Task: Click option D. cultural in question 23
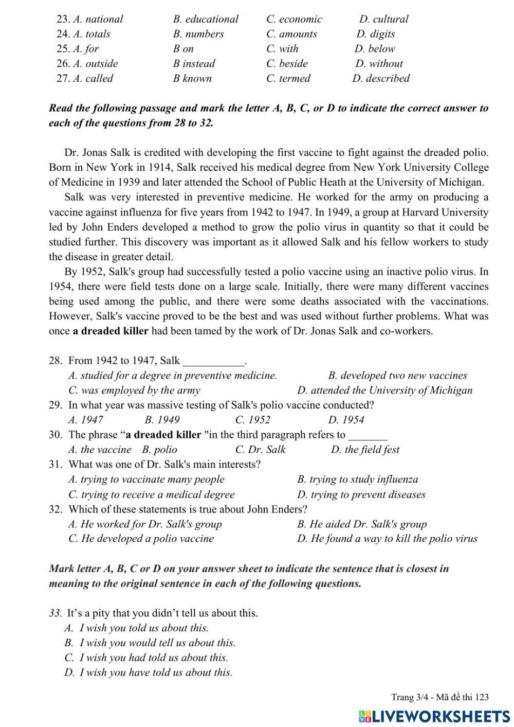383,19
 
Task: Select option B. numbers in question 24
198,34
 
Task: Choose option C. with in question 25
282,49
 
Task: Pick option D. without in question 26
379,64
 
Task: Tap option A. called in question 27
93,78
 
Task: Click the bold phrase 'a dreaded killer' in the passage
110,331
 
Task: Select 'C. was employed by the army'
134,390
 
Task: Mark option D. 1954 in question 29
346,420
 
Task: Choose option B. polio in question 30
159,450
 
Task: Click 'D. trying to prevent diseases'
361,494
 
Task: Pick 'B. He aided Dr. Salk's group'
362,524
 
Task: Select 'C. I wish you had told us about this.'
146,658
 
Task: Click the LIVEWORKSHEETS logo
434,716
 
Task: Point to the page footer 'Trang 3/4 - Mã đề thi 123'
439,698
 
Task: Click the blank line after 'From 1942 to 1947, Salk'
214,361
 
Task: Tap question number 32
56,509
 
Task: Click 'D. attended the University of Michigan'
384,390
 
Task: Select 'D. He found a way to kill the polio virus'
387,539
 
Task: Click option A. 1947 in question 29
86,420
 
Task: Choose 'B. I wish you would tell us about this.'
150,643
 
